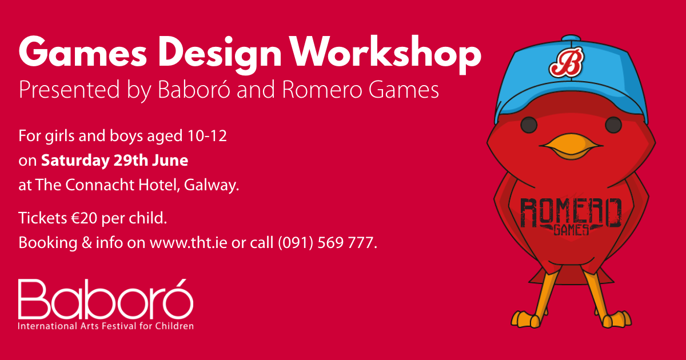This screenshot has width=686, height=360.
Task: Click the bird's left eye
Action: tap(529, 124)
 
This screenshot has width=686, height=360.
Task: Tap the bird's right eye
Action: tap(612, 124)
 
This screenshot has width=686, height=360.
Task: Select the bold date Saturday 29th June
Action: tap(114, 161)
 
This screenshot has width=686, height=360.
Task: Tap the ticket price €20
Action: tap(83, 218)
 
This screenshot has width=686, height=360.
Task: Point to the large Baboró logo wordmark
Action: tap(106, 301)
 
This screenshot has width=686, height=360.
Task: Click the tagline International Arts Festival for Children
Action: tap(106, 326)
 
